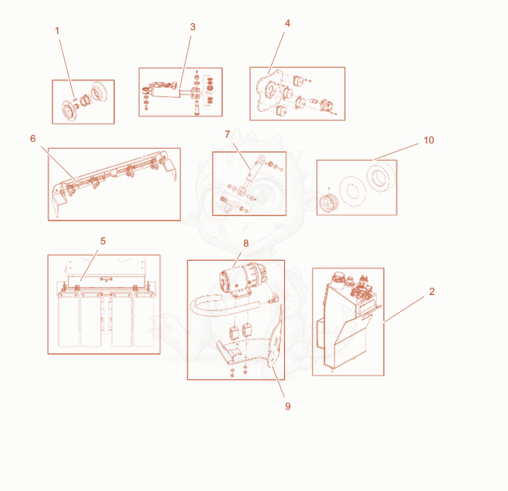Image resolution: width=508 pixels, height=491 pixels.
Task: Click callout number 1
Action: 57,31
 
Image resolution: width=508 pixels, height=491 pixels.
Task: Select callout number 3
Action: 193,27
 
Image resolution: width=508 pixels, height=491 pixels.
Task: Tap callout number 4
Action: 288,24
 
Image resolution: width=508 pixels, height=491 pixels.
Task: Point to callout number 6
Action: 33,139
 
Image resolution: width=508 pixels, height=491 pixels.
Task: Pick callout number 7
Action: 227,134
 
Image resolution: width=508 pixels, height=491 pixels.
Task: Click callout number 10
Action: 429,140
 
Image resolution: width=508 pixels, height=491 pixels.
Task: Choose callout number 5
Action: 103,241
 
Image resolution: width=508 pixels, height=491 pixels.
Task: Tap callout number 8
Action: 246,243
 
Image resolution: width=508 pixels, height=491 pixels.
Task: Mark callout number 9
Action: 288,406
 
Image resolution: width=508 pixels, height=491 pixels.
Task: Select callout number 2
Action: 432,291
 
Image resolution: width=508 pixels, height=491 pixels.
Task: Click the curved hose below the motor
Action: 220,307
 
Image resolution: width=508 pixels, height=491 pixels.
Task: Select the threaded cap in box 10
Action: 329,202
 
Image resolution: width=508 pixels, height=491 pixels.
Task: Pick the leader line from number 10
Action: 396,152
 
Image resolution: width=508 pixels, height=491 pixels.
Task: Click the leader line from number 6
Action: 60,164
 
